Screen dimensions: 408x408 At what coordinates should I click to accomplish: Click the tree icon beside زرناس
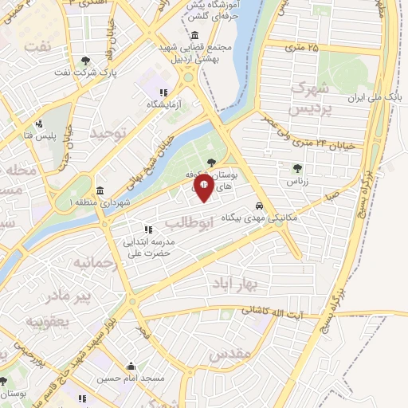tap(297, 168)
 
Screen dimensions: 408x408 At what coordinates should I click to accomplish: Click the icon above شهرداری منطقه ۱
tap(100, 191)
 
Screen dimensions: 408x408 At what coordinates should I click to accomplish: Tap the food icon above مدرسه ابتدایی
tap(147, 230)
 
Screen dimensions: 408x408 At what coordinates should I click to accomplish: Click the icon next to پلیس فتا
tap(38, 124)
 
